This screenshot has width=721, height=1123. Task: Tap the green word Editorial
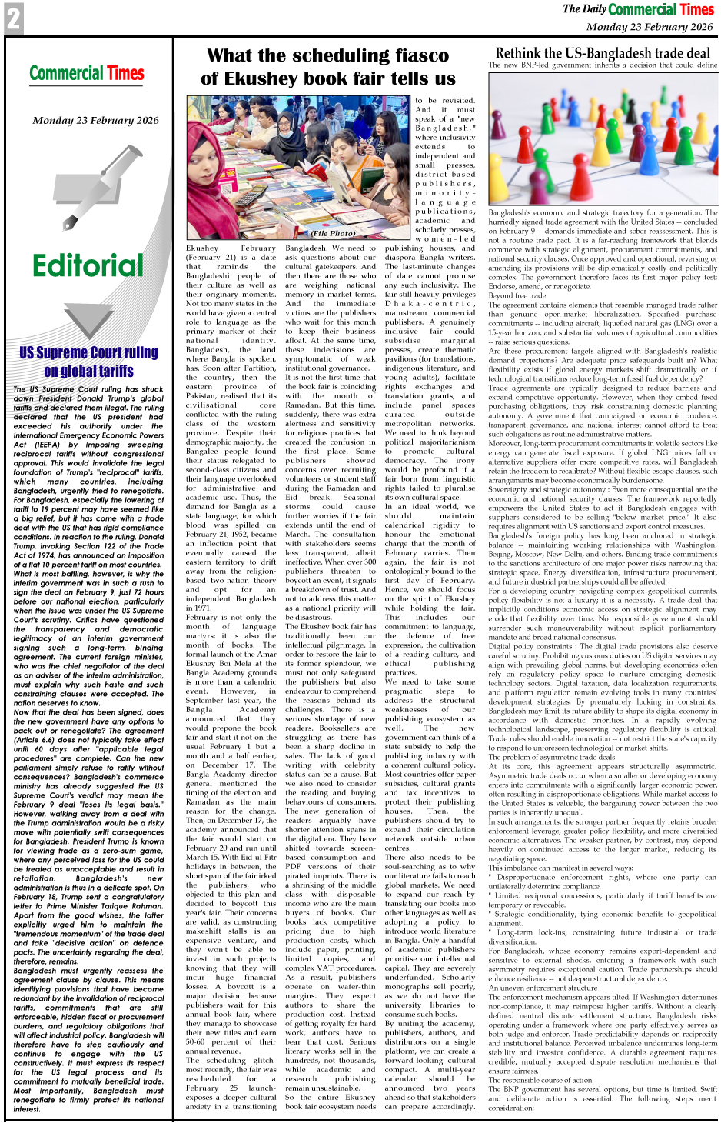(88, 266)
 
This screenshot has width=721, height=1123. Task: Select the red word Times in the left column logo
(125, 74)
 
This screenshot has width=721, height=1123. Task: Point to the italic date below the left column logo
(95, 121)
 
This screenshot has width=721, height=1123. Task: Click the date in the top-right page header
(649, 27)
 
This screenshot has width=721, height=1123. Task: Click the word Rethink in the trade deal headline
(523, 53)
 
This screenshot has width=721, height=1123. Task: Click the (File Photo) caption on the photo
(333, 233)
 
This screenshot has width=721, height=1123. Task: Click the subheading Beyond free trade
(517, 295)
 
